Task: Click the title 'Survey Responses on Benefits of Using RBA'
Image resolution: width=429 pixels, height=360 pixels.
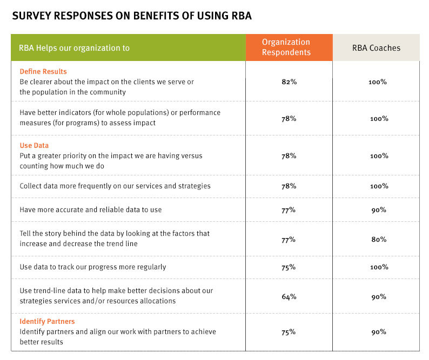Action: click(x=132, y=16)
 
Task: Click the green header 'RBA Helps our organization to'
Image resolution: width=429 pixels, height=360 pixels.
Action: click(x=75, y=48)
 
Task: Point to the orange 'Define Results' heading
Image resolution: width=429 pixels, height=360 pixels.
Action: click(x=43, y=71)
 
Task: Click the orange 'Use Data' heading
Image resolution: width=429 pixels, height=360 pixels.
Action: click(x=34, y=146)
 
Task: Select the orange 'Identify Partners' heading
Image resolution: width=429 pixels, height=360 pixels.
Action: click(x=47, y=322)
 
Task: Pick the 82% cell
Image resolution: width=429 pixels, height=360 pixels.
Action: click(x=289, y=82)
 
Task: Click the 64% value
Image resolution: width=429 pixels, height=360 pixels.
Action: click(x=289, y=296)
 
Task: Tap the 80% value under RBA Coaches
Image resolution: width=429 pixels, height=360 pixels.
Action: click(x=378, y=239)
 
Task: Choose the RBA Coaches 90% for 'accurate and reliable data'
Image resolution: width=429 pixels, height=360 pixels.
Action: click(x=378, y=209)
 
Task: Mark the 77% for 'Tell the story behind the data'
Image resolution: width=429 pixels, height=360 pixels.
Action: click(x=289, y=239)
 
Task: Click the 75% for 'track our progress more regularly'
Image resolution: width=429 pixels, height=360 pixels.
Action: click(x=289, y=267)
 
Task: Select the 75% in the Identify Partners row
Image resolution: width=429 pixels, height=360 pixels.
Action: click(x=289, y=332)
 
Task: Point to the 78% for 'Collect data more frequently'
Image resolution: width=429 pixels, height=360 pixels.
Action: click(x=289, y=186)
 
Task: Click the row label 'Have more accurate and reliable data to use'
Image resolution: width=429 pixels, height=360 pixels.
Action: click(x=91, y=209)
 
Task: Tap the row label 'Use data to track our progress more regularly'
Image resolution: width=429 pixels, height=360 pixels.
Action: click(x=93, y=267)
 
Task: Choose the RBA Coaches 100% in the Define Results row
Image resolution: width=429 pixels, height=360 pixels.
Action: click(x=378, y=82)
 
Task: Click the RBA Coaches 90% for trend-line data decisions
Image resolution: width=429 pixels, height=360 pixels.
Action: click(x=378, y=296)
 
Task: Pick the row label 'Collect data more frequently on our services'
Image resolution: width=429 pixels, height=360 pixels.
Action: click(x=115, y=186)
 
